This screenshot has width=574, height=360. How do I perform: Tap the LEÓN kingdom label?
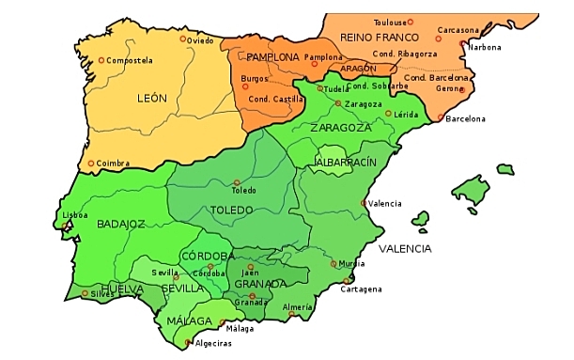click(151, 98)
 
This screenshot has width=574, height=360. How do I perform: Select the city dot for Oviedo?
click(183, 39)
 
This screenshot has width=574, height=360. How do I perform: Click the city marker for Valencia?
click(365, 203)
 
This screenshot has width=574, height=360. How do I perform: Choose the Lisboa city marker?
click(64, 225)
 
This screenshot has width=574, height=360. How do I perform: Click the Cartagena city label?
click(362, 289)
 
